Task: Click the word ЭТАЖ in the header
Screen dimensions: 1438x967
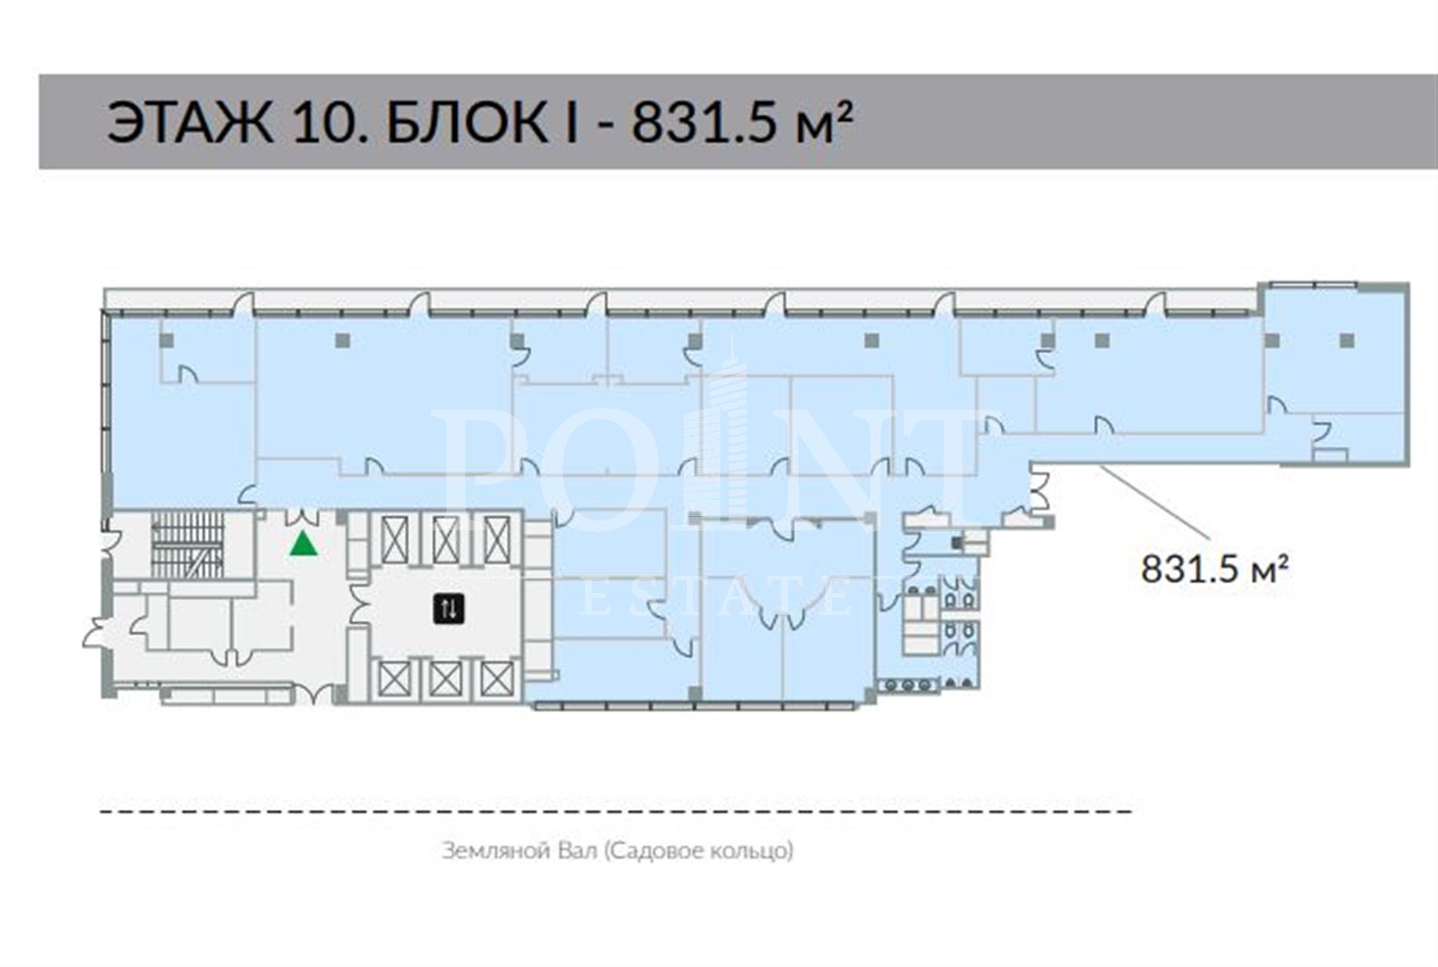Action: coord(190,122)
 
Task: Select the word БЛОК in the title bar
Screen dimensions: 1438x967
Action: coord(468,122)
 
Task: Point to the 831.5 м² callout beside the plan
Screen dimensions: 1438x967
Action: coord(1214,568)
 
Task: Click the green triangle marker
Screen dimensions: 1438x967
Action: coord(304,543)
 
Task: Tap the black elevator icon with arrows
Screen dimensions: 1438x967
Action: coord(449,608)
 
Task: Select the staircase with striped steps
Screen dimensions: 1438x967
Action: coord(188,545)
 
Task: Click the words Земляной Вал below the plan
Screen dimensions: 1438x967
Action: coord(519,851)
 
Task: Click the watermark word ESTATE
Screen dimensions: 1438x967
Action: coord(717,599)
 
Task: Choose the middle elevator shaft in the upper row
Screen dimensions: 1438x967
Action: coord(446,540)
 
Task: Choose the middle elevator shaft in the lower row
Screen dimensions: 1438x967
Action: coord(446,678)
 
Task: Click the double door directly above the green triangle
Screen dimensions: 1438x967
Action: coord(304,517)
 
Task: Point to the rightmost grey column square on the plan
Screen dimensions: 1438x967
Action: coord(1347,341)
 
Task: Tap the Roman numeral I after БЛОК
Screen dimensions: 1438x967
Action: coord(571,122)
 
